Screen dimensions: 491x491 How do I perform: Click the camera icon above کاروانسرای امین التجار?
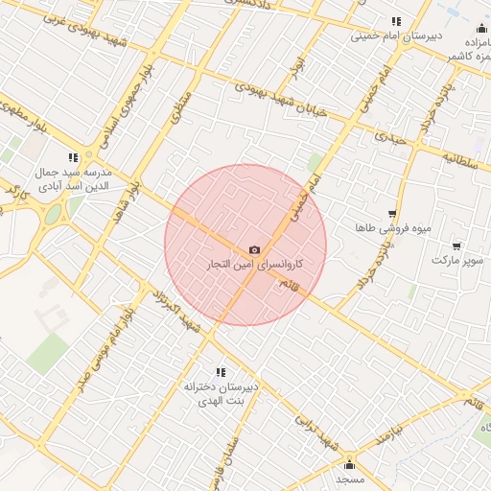tap(254, 249)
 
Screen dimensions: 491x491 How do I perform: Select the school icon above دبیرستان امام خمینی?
tap(395, 22)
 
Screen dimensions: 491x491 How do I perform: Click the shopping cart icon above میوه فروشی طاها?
tap(391, 214)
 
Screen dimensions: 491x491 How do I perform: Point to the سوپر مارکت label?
tap(454, 260)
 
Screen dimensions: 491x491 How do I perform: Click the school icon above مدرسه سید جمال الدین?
tap(73, 157)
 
